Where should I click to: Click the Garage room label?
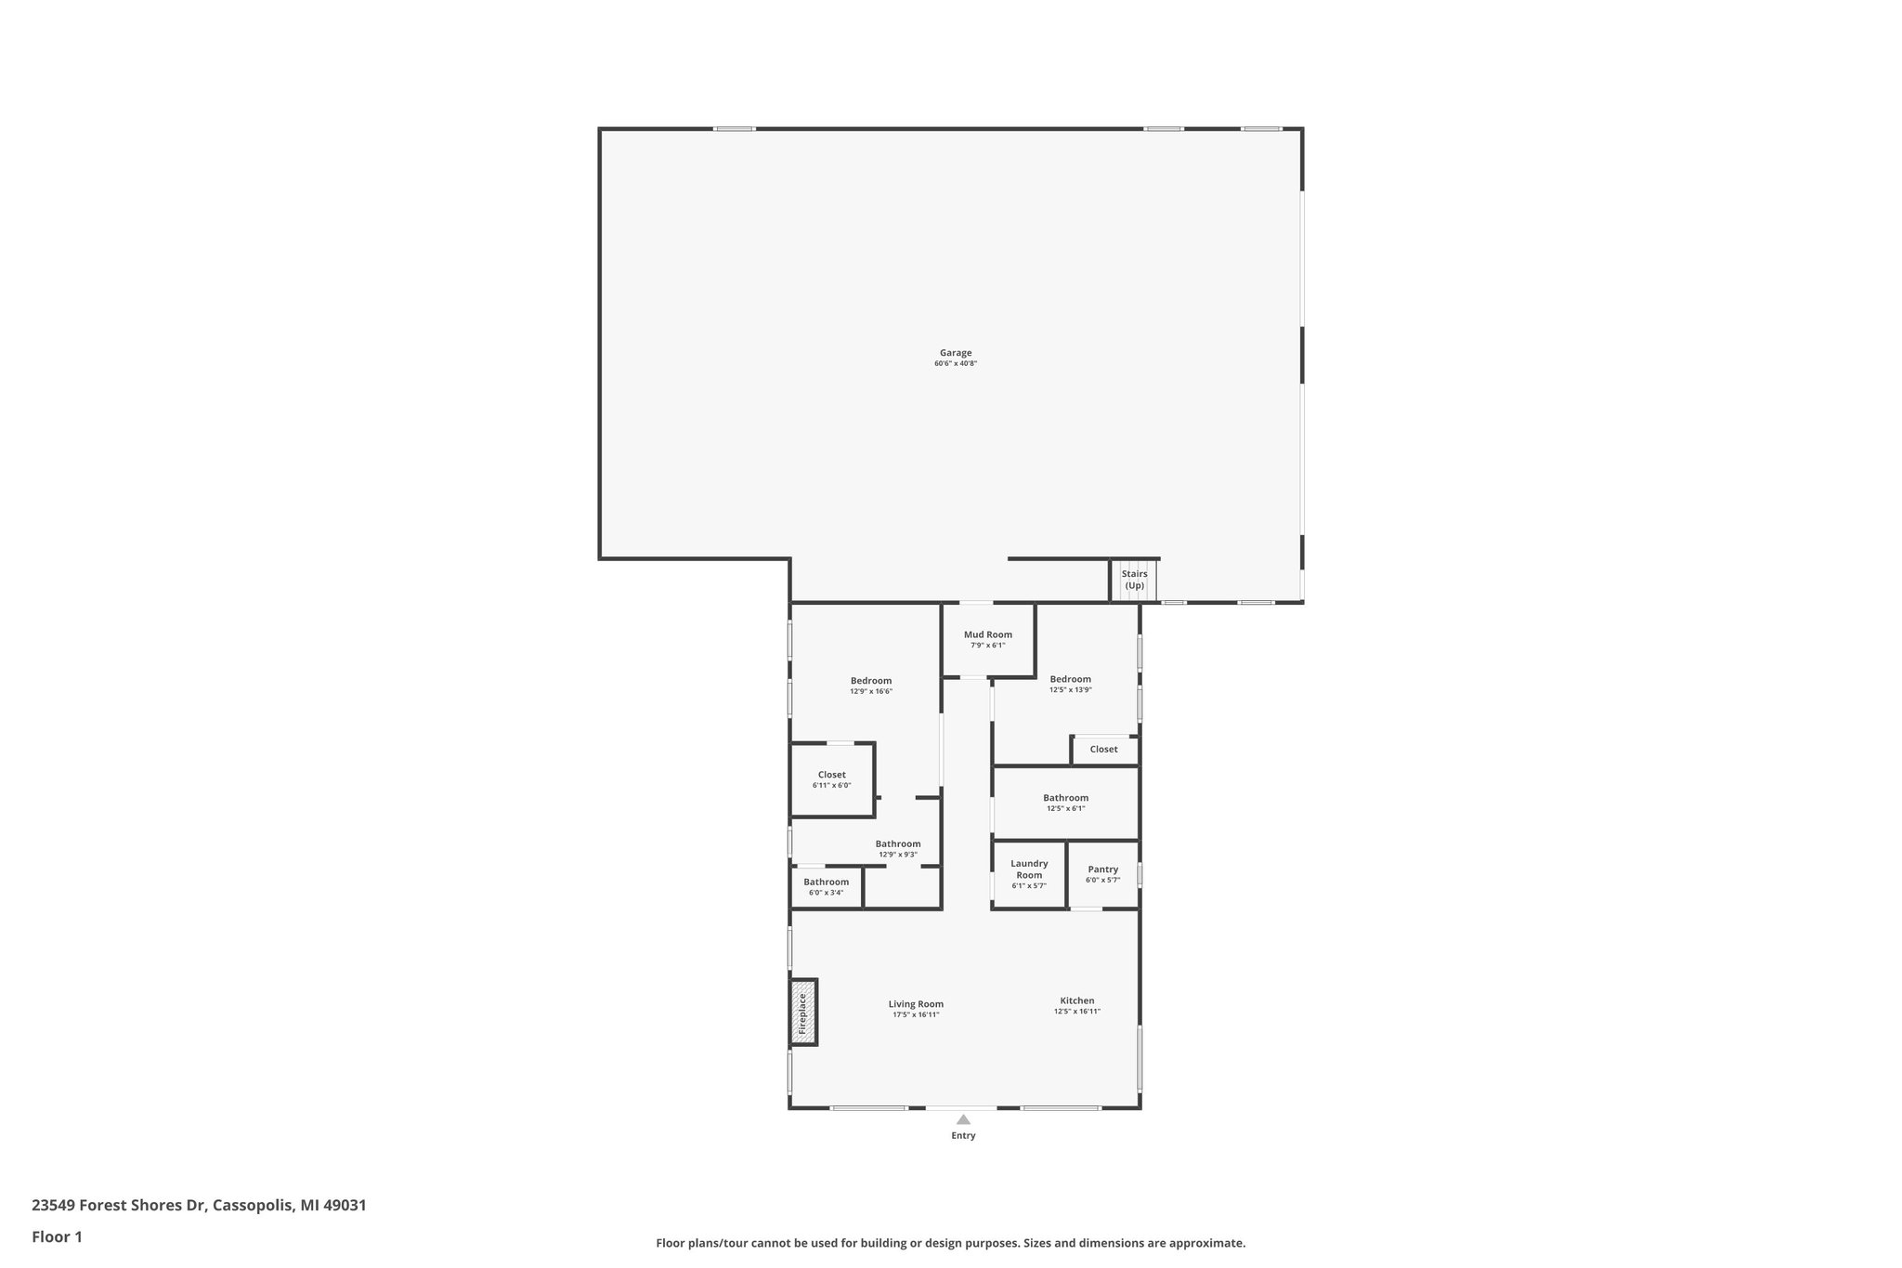click(955, 353)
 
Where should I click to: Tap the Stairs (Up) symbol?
click(1134, 581)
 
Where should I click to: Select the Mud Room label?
click(987, 634)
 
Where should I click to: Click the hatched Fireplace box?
click(803, 1013)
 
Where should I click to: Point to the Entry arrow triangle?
click(963, 1119)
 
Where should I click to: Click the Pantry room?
click(1102, 874)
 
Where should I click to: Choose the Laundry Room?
click(1029, 873)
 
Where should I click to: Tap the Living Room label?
click(916, 1004)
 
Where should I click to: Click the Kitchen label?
click(1076, 1000)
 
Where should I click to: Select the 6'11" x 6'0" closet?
click(831, 779)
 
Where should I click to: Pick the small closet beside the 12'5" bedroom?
click(1103, 750)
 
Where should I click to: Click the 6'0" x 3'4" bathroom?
click(826, 887)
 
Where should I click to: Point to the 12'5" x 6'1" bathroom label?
click(1065, 798)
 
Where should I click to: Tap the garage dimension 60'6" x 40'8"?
click(955, 364)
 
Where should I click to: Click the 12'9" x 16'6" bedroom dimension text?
click(870, 692)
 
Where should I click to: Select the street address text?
click(199, 1206)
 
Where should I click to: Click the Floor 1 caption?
click(57, 1237)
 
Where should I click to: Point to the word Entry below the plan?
click(963, 1136)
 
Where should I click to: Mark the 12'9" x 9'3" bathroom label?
click(897, 844)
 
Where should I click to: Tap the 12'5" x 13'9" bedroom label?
click(1070, 679)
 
